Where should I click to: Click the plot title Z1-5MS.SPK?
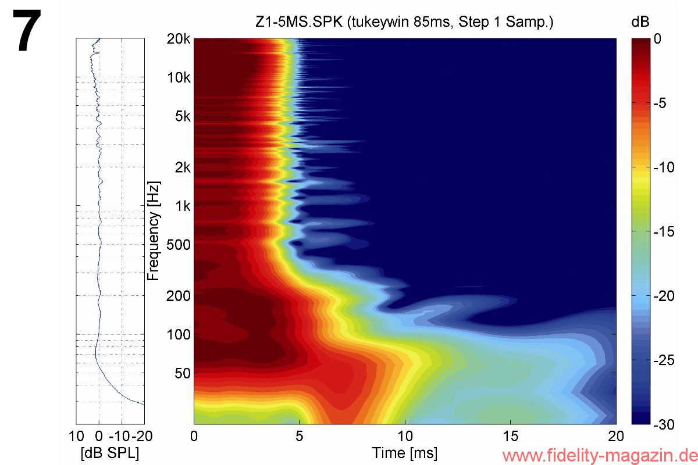tap(404, 23)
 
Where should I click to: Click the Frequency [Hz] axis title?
tap(154, 231)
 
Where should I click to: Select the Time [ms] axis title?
tap(405, 453)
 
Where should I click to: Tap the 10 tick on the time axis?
tap(405, 436)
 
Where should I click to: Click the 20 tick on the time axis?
tap(615, 436)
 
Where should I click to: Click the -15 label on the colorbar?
tap(664, 232)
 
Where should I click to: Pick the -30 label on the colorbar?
tap(664, 425)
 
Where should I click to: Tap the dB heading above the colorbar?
tap(639, 23)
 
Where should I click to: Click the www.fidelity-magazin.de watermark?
tap(599, 455)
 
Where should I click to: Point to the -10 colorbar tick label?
tap(664, 168)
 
